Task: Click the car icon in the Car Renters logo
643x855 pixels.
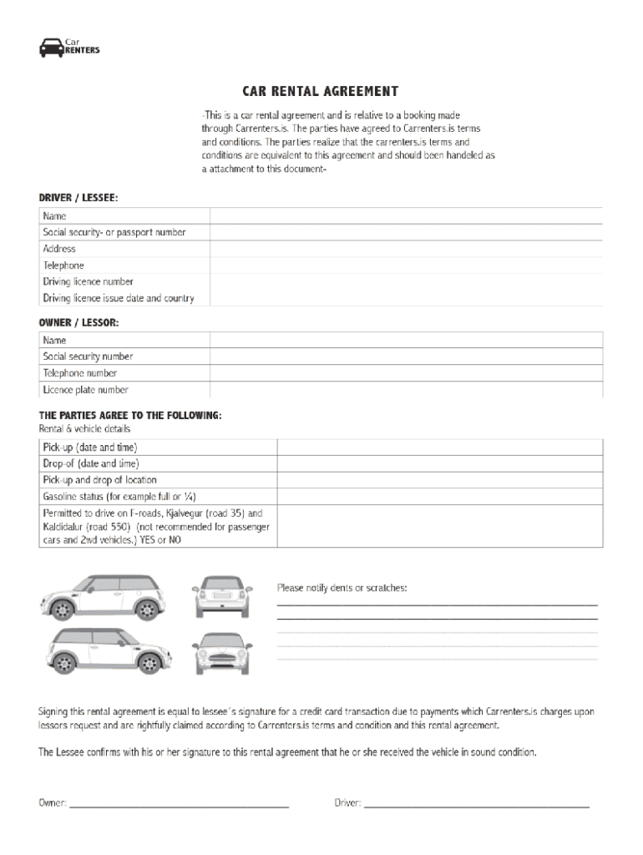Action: [x=51, y=48]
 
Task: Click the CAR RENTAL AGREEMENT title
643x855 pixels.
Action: [x=321, y=92]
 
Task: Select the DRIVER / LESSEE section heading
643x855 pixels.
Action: [x=78, y=198]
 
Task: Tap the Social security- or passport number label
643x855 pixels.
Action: [x=114, y=232]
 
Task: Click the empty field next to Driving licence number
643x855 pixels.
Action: [x=406, y=282]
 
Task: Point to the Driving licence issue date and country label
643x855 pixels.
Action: [x=119, y=298]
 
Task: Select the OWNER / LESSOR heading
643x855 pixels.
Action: [x=78, y=322]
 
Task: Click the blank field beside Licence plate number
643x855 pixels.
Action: [x=406, y=390]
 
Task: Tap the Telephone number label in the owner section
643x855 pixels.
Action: [x=80, y=373]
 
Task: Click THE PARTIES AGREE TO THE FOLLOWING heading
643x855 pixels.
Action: [x=130, y=415]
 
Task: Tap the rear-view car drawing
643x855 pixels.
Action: [x=222, y=597]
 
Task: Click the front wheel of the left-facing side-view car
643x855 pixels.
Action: [x=62, y=610]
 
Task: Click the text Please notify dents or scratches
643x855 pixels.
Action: [x=342, y=588]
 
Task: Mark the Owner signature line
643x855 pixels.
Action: [x=179, y=805]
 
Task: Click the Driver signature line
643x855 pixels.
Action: [x=476, y=805]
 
